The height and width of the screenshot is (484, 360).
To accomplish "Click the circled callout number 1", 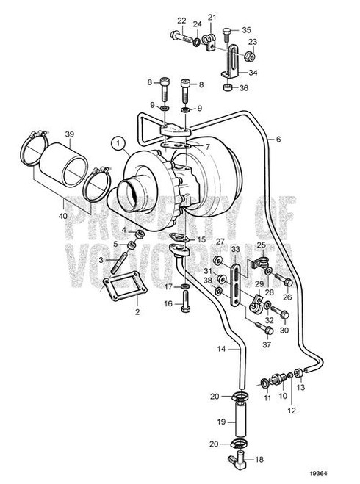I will tap(115, 142).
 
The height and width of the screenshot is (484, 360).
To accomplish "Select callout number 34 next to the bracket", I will tap(254, 73).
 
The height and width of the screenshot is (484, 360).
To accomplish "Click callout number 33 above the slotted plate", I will tap(237, 250).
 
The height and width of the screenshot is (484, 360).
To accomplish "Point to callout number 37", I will tap(267, 344).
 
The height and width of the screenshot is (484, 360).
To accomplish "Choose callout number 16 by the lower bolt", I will tap(168, 303).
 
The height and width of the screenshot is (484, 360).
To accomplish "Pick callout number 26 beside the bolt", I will tap(288, 297).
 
